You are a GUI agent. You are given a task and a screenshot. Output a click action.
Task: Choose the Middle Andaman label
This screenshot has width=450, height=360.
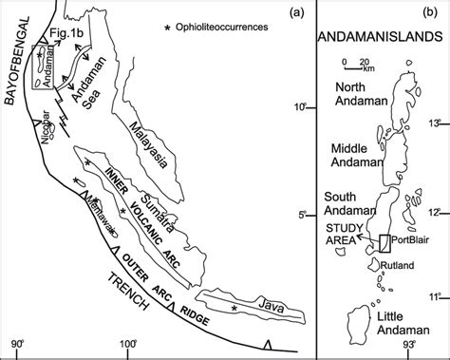[x=352, y=158]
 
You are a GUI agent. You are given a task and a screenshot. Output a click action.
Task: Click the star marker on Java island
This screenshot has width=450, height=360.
[x=234, y=309]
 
